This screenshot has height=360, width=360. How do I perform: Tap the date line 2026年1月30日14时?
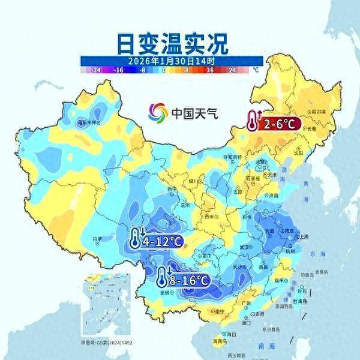click(172, 61)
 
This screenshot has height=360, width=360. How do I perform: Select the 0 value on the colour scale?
click(164, 70)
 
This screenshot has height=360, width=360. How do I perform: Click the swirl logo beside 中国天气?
click(158, 112)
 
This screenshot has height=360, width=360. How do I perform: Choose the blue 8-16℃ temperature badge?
click(187, 280)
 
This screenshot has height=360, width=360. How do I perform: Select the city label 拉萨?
click(97, 239)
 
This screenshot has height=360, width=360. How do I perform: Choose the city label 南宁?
click(204, 312)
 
